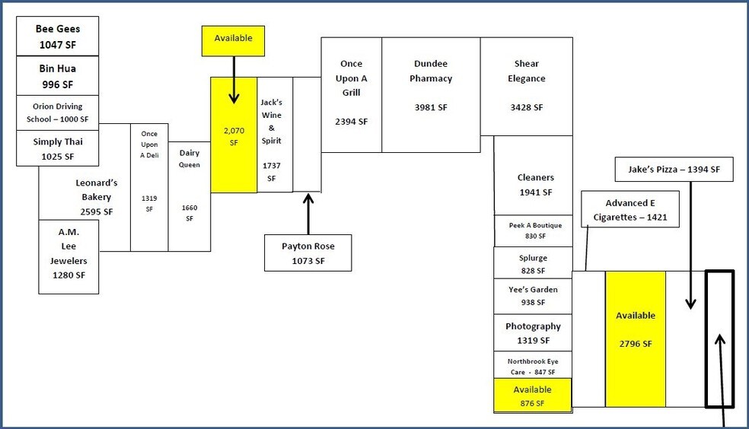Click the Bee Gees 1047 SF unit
(58, 37)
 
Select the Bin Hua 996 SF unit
(58, 75)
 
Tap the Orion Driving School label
(58, 113)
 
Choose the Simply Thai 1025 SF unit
(58, 148)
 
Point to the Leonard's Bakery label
(95, 196)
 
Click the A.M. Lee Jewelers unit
(69, 253)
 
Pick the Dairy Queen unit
(190, 196)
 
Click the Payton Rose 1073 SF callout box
(308, 253)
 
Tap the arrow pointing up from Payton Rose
(308, 213)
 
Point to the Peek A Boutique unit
(533, 230)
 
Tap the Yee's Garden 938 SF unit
(533, 295)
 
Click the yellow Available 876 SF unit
(532, 396)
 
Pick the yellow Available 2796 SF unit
(636, 329)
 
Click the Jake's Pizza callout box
(674, 169)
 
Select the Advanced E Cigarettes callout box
(629, 210)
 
